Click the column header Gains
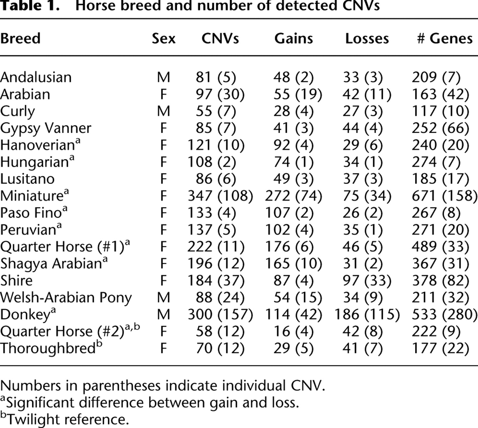[x=293, y=39]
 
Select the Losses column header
[x=367, y=39]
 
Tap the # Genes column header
[x=445, y=39]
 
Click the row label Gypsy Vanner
[x=46, y=129]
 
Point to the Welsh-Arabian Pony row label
[x=66, y=298]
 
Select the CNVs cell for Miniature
[x=220, y=196]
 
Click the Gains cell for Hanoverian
[x=293, y=145]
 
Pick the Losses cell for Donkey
[x=367, y=314]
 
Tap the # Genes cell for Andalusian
[x=436, y=77]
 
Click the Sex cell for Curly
[x=164, y=111]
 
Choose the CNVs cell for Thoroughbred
[x=220, y=348]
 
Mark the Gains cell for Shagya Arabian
[x=293, y=264]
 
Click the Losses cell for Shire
[x=367, y=281]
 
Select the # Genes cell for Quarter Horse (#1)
[x=440, y=247]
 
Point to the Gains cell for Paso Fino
[x=289, y=213]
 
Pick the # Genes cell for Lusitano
[x=440, y=179]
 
